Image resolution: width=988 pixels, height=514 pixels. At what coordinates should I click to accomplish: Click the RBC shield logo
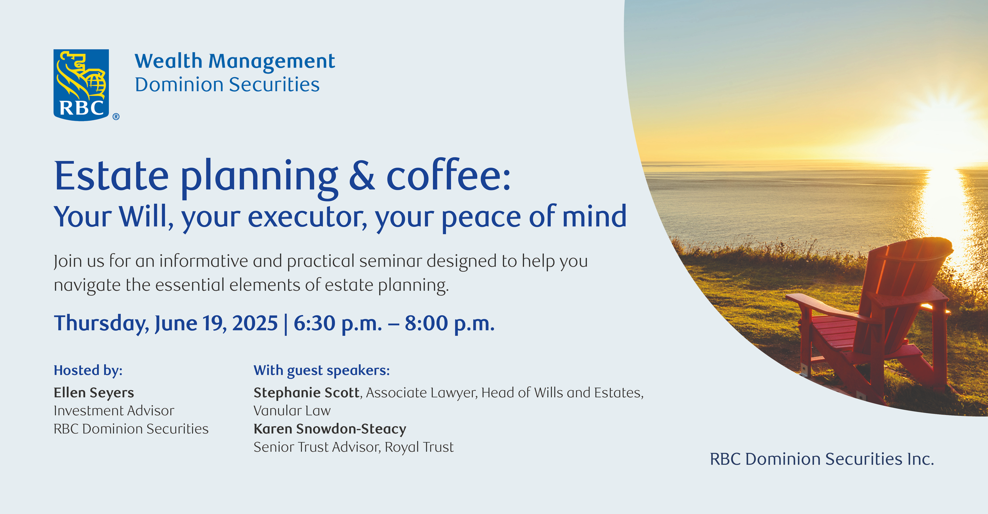tap(81, 85)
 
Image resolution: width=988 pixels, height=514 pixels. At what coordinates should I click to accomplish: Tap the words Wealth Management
tap(235, 62)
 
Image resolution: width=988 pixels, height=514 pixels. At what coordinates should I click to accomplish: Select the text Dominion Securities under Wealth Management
tap(227, 84)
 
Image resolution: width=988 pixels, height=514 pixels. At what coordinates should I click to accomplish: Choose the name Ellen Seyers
tap(94, 393)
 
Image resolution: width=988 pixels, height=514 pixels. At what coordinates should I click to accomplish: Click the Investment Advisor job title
tap(114, 411)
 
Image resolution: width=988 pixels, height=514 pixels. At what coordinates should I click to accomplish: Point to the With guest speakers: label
tap(322, 370)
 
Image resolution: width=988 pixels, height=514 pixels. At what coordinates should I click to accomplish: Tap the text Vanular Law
tap(292, 411)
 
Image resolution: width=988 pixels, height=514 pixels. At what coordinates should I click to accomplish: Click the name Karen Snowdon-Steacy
tap(330, 429)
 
